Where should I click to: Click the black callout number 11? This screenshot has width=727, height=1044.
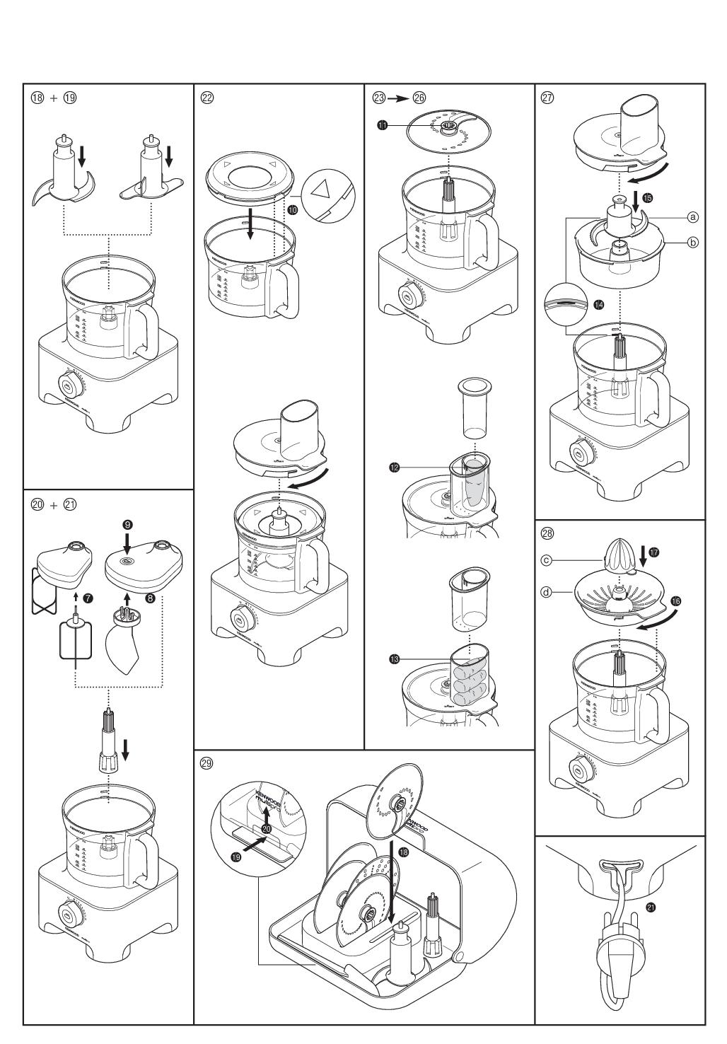(382, 125)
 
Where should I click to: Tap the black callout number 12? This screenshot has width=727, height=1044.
(394, 467)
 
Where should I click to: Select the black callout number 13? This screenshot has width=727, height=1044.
(394, 659)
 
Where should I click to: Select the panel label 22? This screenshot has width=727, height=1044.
(207, 98)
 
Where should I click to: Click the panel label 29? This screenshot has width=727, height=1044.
(207, 764)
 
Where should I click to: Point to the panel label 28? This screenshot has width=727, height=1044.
(547, 533)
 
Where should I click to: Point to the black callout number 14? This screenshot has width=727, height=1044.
(599, 304)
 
